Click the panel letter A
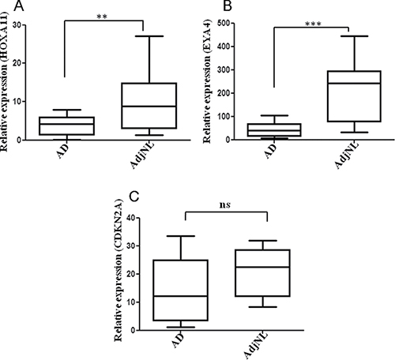click(19, 6)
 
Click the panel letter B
click(228, 6)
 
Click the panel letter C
click(134, 197)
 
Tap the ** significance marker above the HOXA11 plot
click(102, 17)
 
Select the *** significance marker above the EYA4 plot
click(313, 24)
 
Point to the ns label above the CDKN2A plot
click(225, 205)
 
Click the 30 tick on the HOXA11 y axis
click(18, 25)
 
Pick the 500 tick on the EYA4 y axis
click(224, 23)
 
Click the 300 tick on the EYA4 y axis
click(224, 69)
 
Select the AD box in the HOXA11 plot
click(67, 126)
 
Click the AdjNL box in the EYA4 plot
click(354, 96)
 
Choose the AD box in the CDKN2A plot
click(181, 291)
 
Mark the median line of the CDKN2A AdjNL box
click(263, 267)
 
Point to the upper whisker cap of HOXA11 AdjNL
click(149, 36)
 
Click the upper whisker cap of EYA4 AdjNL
click(354, 36)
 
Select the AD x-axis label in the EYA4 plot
click(271, 152)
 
